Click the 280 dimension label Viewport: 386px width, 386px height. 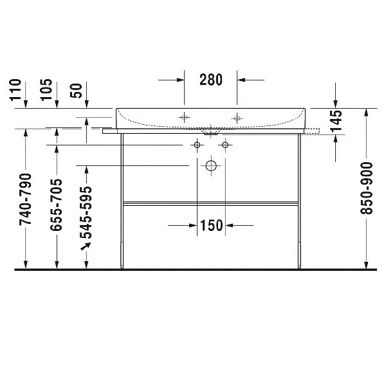click(211, 80)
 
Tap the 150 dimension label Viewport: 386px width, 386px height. click(212, 225)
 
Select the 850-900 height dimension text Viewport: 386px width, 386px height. click(367, 188)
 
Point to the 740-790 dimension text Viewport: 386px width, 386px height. click(26, 199)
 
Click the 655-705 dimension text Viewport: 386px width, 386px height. click(56, 205)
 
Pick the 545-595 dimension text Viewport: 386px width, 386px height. click(86, 213)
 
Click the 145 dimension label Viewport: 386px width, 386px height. click(336, 121)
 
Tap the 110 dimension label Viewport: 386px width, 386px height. click(15, 90)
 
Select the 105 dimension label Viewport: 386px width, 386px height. click(46, 90)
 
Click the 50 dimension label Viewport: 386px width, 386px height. click(76, 91)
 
